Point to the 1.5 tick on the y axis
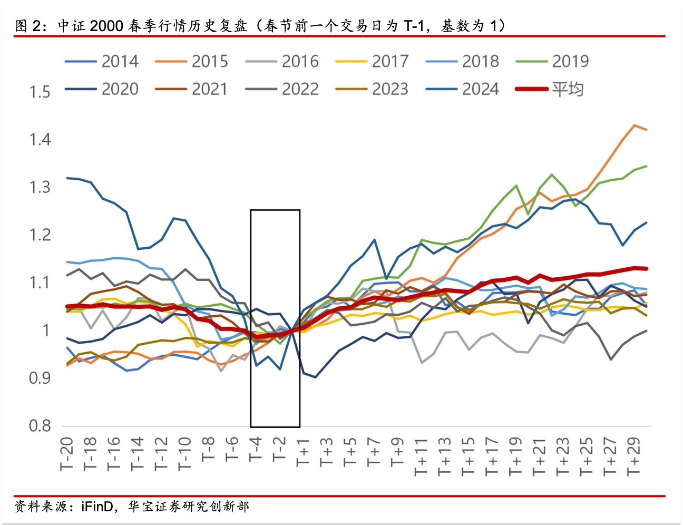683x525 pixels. click(x=40, y=92)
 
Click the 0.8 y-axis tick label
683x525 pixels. click(x=40, y=425)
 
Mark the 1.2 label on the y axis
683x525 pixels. click(x=40, y=235)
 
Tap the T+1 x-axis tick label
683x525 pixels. click(x=303, y=452)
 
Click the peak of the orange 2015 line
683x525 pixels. click(x=634, y=125)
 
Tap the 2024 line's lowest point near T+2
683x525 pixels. click(x=315, y=377)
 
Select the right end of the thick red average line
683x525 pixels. click(x=646, y=268)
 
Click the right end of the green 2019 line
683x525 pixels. click(x=646, y=167)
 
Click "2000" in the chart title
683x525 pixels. click(x=106, y=26)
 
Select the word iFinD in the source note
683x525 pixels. click(x=97, y=507)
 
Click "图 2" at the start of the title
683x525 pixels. click(x=28, y=26)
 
